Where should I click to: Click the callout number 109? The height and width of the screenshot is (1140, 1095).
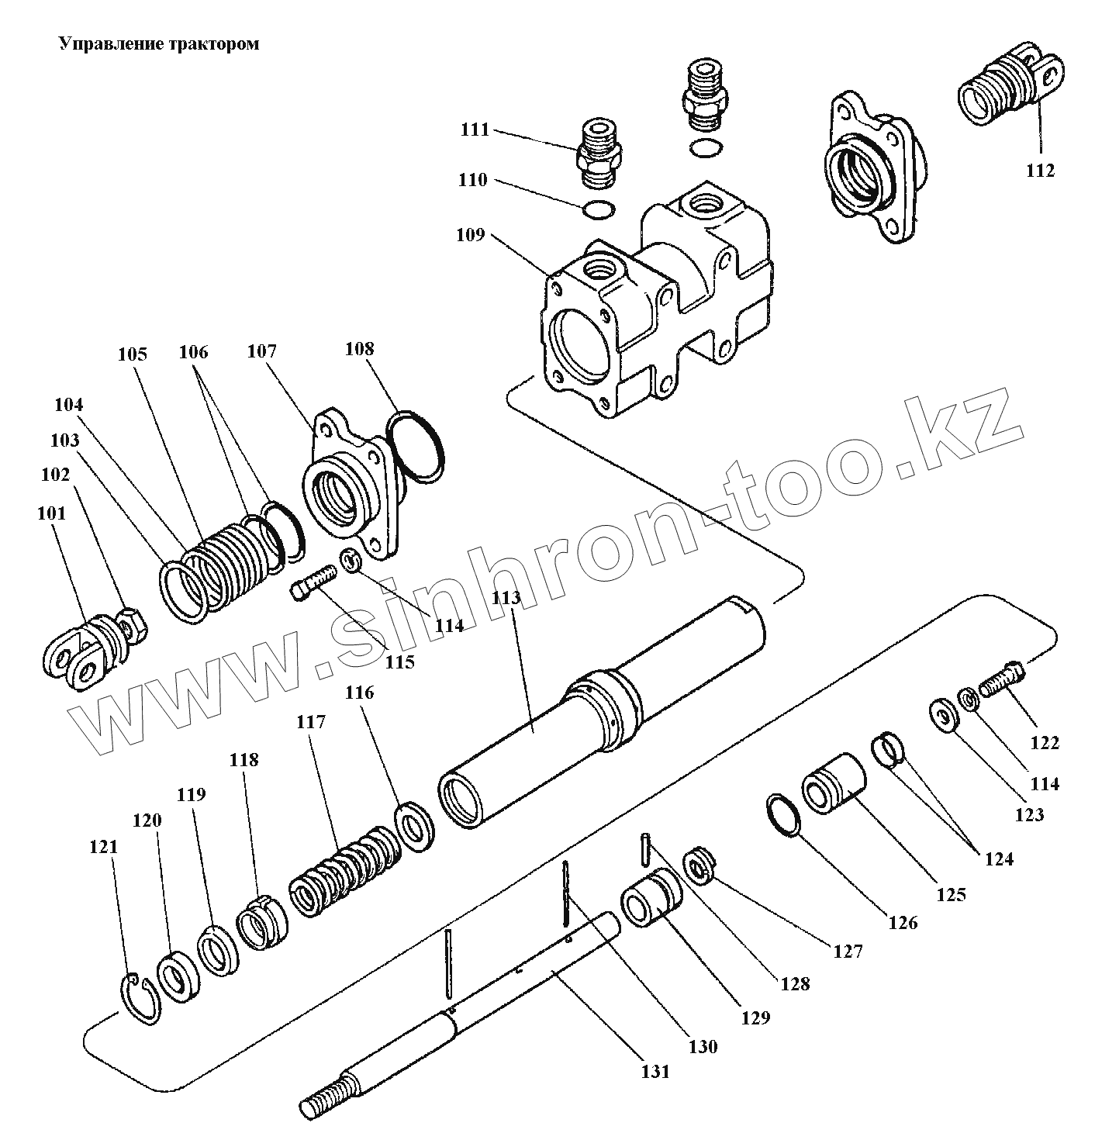pos(471,234)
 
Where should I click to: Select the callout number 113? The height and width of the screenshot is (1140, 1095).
pos(512,598)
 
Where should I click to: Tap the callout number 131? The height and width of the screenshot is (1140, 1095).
pos(655,1072)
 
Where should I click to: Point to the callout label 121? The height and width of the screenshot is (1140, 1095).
pos(103,847)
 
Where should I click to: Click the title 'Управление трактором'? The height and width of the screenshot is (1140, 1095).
pos(159,44)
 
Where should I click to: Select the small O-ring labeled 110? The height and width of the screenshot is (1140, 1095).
pos(598,209)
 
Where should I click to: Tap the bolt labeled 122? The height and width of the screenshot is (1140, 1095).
pos(1001,679)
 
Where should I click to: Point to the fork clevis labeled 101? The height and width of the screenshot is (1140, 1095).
pos(76,650)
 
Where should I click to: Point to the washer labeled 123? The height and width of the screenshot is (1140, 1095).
pos(944,714)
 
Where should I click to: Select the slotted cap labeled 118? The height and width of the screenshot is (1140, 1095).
pos(262,923)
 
